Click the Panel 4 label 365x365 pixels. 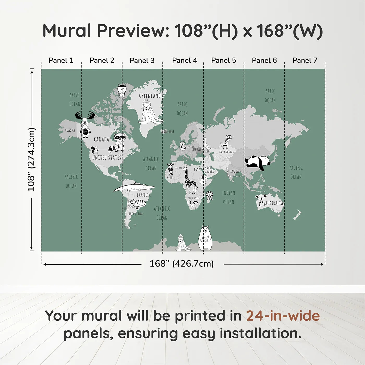(184, 60)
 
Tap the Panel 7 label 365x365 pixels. (305, 60)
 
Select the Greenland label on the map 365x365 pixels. (150, 96)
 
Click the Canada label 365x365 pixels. (101, 139)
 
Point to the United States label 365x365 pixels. (107, 158)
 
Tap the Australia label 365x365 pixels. (274, 203)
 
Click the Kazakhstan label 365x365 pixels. (227, 152)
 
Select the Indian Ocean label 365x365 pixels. (228, 197)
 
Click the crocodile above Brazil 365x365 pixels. (133, 187)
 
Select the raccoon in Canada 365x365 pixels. (118, 142)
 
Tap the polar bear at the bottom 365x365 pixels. (205, 238)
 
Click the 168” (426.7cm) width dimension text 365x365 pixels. (181, 264)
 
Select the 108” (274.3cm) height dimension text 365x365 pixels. (31, 159)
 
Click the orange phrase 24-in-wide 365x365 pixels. (283, 316)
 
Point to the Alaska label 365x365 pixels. (70, 130)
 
